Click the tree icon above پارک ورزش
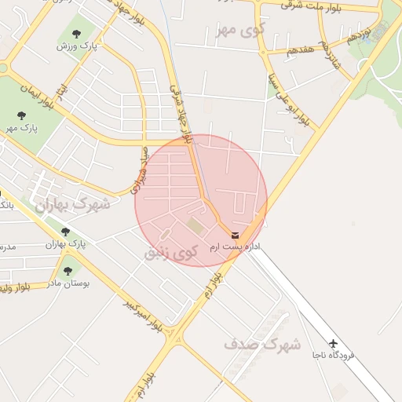pos(76,33)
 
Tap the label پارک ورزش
pos(76,46)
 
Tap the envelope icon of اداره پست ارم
pos(236,235)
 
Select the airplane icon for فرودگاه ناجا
pos(333,343)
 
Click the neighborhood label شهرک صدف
pos(262,344)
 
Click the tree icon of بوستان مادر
pos(68,270)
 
